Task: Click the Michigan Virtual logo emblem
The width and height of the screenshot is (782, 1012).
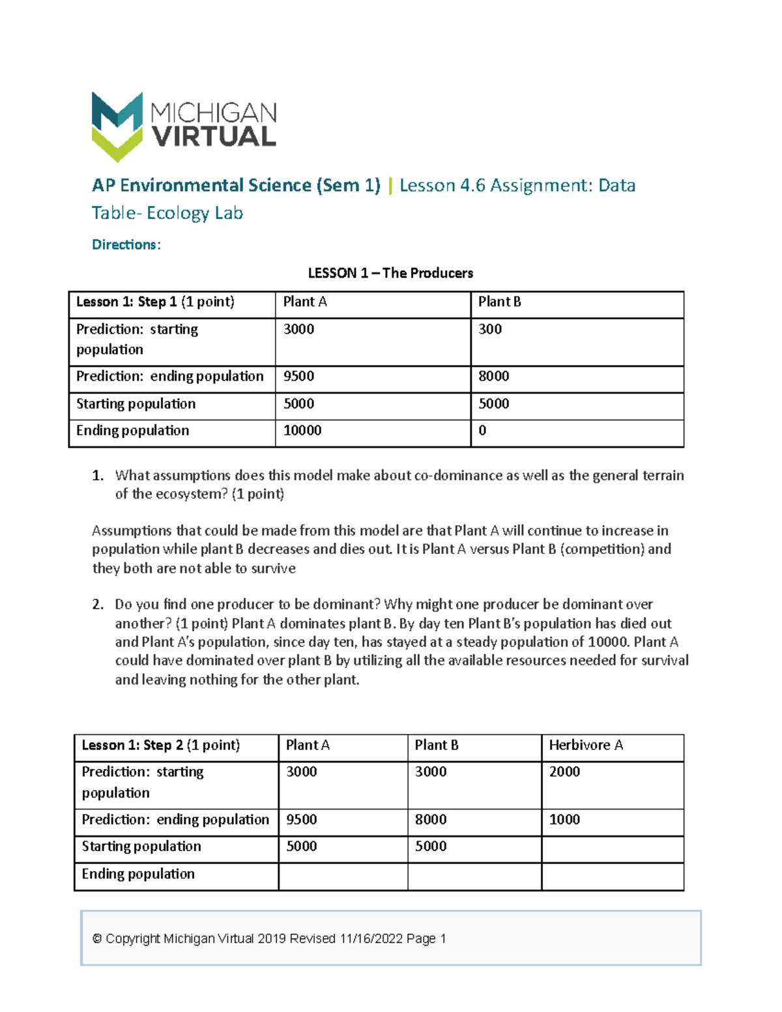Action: coord(117,126)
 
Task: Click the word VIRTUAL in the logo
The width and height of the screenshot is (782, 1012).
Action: coord(214,137)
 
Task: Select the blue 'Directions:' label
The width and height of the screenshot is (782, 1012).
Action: coord(126,245)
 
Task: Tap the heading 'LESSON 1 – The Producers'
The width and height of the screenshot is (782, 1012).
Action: coord(390,273)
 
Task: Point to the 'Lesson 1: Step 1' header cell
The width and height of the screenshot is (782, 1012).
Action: coord(155,302)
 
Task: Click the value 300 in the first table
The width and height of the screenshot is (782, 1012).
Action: coord(490,330)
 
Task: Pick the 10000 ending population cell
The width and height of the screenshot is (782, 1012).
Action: coord(302,431)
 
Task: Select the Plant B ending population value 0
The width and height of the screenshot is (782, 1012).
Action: coord(482,431)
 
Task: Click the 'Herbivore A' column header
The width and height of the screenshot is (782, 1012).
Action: coord(586,745)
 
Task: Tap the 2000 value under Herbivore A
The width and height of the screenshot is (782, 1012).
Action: coord(564,772)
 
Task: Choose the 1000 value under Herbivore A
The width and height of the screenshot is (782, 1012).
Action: coord(564,820)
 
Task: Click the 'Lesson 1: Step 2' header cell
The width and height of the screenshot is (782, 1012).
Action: coord(160,745)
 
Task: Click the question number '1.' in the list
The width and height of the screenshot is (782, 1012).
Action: coord(98,476)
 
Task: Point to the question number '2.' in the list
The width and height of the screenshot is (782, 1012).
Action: coord(98,605)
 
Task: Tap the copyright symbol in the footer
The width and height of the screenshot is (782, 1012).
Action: coord(97,939)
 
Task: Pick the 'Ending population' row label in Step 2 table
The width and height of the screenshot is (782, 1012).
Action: coord(138,875)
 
